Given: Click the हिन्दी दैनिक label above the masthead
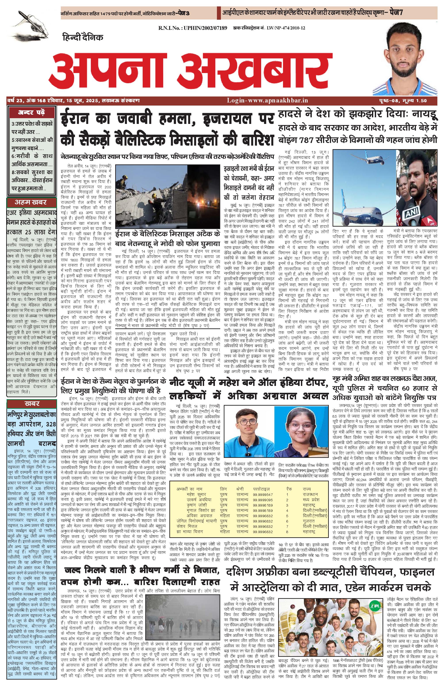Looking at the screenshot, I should (x=82, y=37).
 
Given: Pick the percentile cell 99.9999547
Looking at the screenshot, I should (x=263, y=494).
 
